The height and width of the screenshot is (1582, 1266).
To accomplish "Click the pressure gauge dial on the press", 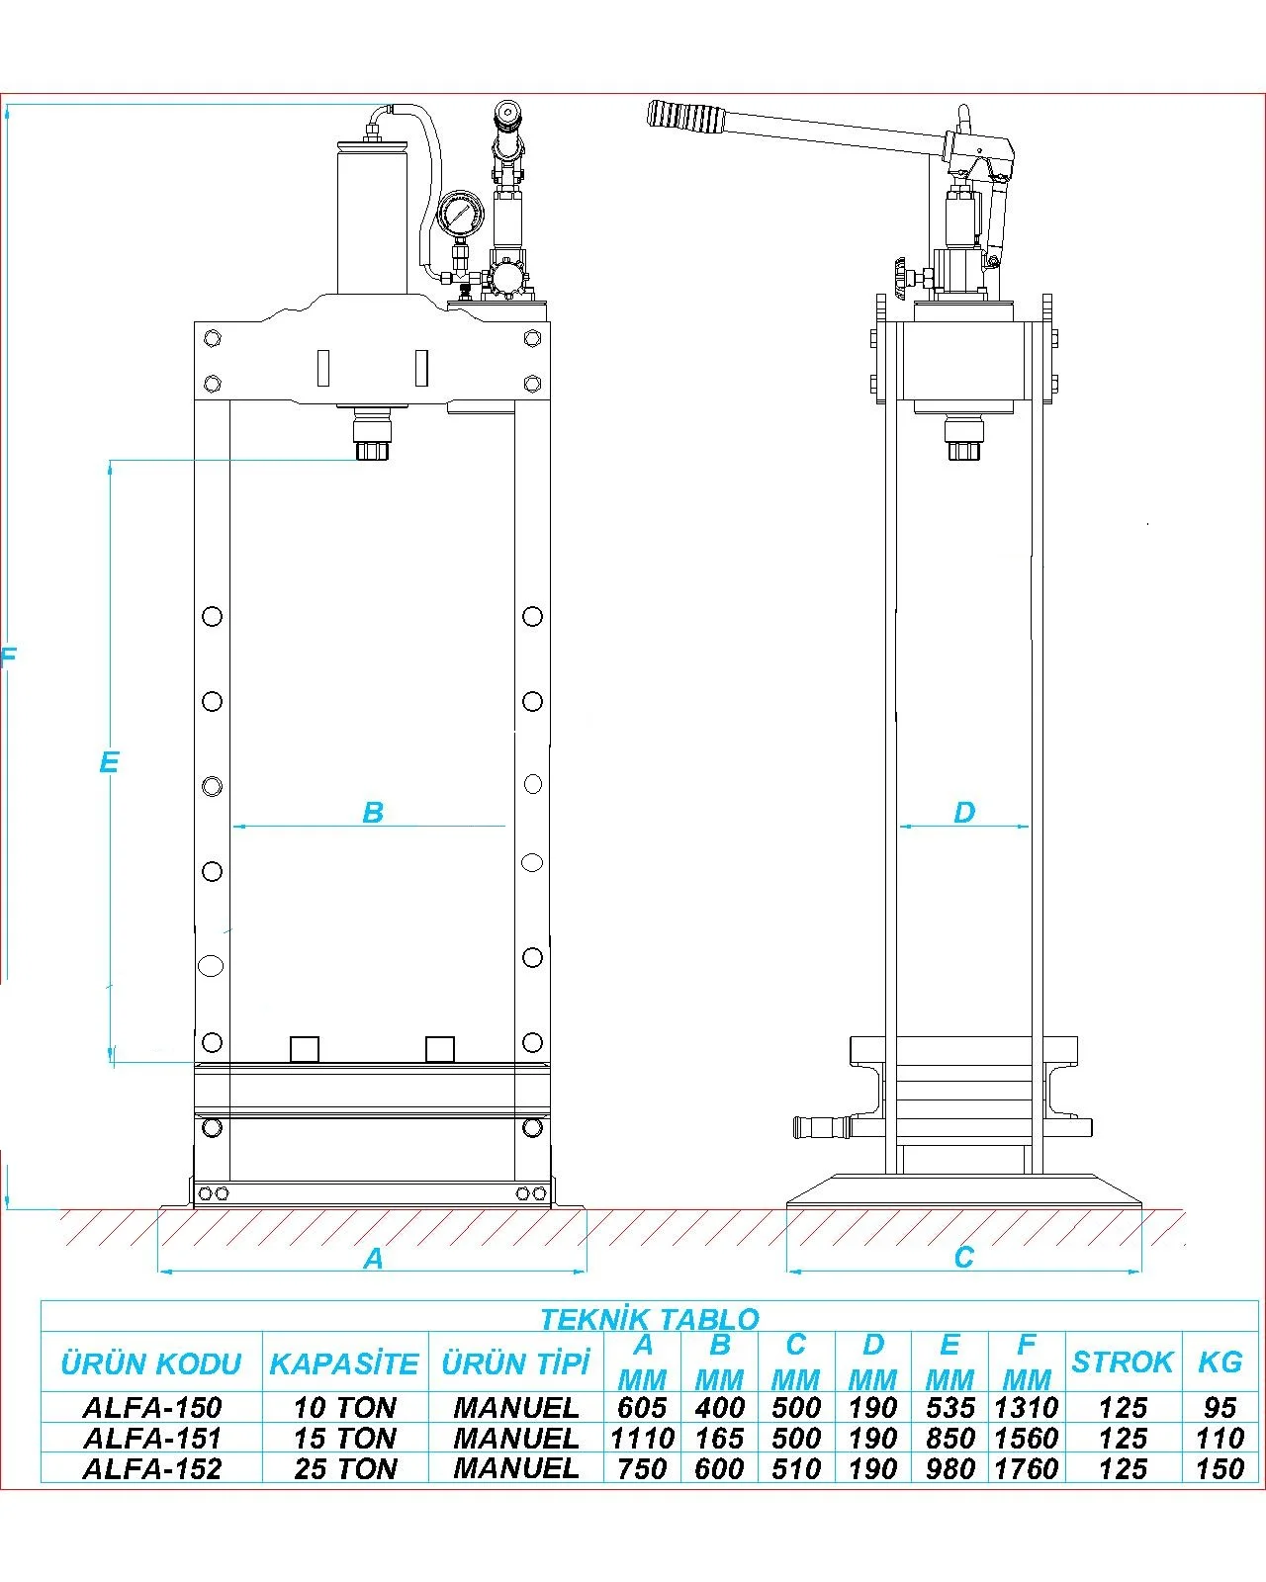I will click(x=459, y=215).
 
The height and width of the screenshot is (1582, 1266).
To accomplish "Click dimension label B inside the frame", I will click(x=373, y=813).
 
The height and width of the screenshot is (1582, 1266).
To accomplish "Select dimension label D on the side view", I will click(x=964, y=813).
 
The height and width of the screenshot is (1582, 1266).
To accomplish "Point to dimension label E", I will click(x=109, y=762).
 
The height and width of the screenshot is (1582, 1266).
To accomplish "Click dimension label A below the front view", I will click(x=373, y=1259).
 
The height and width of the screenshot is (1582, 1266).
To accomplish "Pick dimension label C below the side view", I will click(x=964, y=1258).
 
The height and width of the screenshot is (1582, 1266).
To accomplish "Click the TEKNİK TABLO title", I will click(x=649, y=1319).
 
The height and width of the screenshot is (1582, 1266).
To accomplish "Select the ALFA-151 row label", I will click(x=152, y=1438).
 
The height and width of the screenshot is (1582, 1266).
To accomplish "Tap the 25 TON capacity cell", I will click(x=345, y=1468).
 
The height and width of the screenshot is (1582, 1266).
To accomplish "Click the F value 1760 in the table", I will click(x=1026, y=1468).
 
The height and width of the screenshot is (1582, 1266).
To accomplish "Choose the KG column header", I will click(x=1219, y=1362).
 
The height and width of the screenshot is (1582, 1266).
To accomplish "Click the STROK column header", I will click(x=1122, y=1362).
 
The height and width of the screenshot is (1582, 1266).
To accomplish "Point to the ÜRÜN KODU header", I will click(x=151, y=1364).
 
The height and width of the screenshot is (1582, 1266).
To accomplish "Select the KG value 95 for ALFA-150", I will click(x=1219, y=1407).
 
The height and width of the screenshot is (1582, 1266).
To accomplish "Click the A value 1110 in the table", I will click(x=642, y=1438).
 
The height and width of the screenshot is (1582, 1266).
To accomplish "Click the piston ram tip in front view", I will click(x=372, y=449).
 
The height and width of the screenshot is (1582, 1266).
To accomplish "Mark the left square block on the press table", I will click(x=304, y=1048).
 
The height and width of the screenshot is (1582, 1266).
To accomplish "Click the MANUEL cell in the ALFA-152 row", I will click(x=515, y=1468).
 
